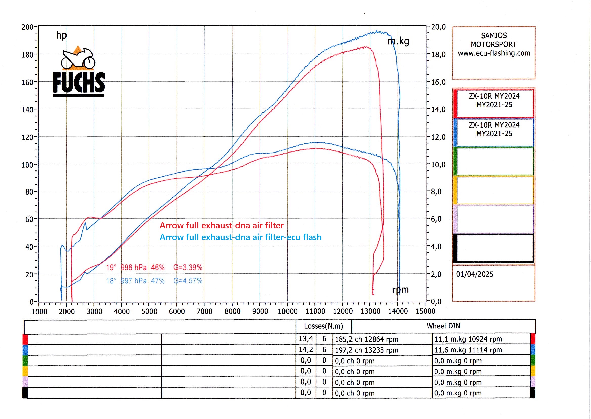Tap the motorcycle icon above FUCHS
tap(78, 59)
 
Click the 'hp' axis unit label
tap(61, 35)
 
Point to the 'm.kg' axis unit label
tap(398, 41)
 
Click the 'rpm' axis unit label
tap(400, 290)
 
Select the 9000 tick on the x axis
tap(260, 311)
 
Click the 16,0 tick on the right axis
tap(438, 82)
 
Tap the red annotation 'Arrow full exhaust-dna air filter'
tap(222, 225)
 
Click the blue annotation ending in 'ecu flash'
tap(240, 237)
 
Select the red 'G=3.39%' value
tap(188, 267)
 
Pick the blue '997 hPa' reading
tap(134, 281)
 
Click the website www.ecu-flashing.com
tap(494, 53)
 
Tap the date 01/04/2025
tap(475, 274)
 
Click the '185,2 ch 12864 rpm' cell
tap(366, 339)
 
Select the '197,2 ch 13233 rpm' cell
tap(366, 350)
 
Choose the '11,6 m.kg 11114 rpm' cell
tap(468, 350)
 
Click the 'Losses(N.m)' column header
tap(323, 326)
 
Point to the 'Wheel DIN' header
tap(443, 326)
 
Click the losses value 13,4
tap(306, 339)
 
